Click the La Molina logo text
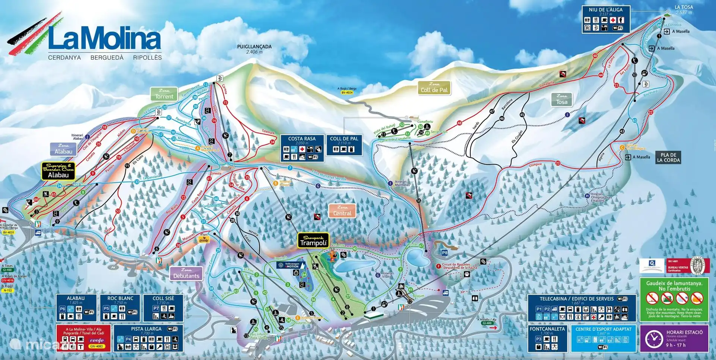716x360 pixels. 104,39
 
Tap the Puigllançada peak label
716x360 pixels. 254,47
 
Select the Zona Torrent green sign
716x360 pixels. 164,94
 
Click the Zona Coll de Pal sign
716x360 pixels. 434,88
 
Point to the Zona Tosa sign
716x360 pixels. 562,100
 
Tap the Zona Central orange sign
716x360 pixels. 342,211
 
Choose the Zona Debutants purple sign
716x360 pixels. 186,273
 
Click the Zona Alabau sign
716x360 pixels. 63,149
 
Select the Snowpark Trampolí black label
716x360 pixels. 313,241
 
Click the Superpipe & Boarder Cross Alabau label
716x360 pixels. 59,171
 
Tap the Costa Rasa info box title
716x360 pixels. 302,138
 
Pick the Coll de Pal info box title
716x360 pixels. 344,138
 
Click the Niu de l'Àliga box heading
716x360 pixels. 606,10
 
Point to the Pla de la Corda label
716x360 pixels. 668,157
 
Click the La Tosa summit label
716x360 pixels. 684,7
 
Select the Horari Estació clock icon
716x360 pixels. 654,339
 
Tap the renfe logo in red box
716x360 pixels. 97,340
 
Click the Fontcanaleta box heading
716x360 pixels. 547,329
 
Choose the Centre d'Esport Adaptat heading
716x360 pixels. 603,329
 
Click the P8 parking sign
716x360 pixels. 445,253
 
